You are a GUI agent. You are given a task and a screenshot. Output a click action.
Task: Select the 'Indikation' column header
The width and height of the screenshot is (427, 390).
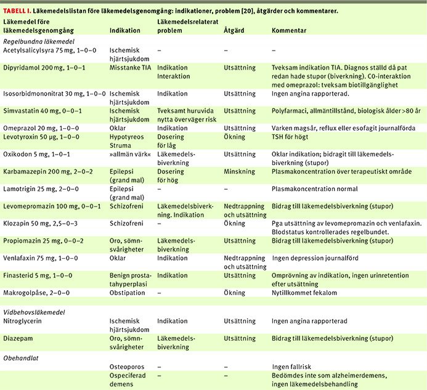tap(124, 30)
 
